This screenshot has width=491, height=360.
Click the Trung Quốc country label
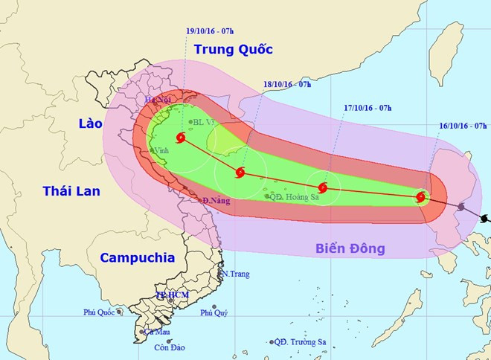pos(233,50)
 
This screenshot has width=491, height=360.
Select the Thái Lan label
pos(71,191)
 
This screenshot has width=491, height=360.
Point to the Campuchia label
pos(137,257)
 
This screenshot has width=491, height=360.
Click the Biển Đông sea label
pos(350,248)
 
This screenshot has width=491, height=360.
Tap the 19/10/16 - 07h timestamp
pos(210,30)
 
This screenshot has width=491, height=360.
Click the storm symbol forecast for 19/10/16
pos(182,138)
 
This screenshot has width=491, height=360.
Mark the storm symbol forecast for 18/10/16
pos(240,173)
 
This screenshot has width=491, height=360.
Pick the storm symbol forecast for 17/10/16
pos(323,187)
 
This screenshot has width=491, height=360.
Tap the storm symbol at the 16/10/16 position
pos(421,197)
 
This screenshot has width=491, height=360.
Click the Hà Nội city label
pos(158,100)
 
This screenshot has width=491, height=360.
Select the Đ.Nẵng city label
pos(216,202)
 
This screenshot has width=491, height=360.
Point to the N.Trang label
pos(234,274)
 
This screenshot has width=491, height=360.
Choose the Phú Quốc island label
pos(98,312)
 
